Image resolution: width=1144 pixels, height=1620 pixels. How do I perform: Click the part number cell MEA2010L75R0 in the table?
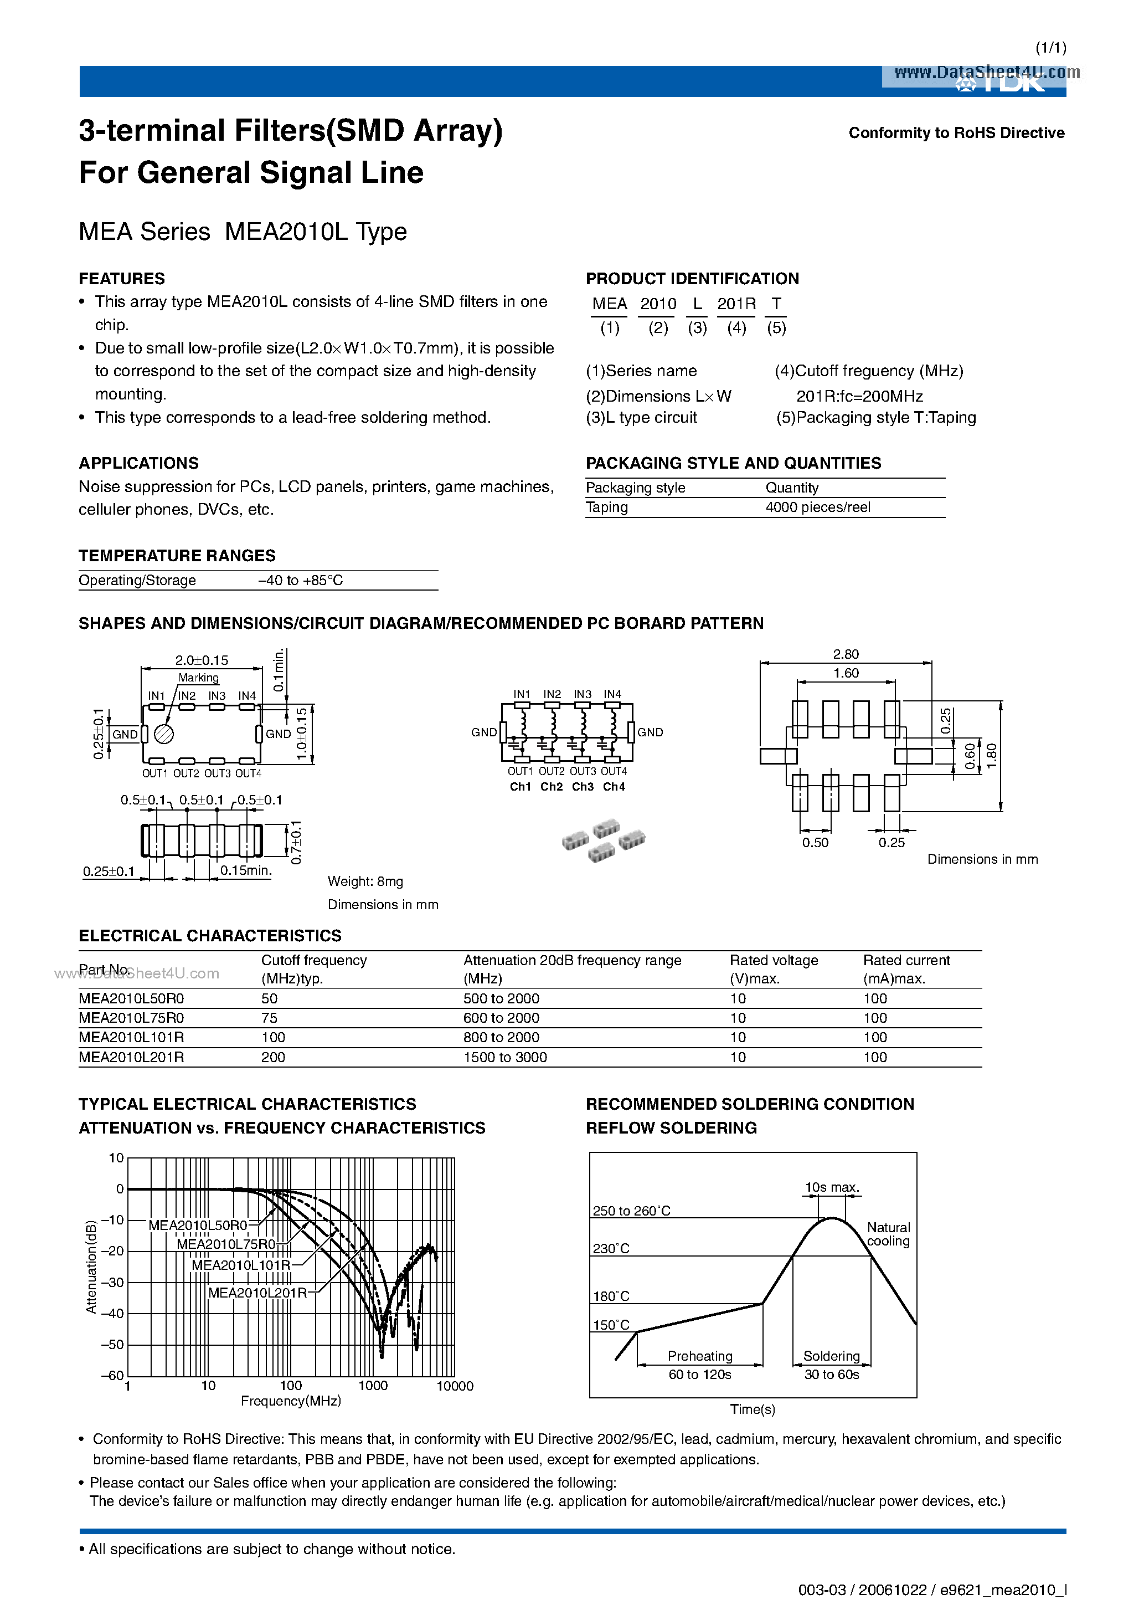[131, 1017]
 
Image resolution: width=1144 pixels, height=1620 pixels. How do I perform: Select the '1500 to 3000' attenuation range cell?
[505, 1057]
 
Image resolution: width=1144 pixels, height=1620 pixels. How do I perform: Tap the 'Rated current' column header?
[906, 960]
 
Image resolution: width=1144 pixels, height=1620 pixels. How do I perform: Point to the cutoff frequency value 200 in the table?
[273, 1057]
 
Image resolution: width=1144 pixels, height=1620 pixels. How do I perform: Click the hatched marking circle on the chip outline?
[164, 735]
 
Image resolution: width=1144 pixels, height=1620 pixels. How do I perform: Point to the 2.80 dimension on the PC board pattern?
[845, 654]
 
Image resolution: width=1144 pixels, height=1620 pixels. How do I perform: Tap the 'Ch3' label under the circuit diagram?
[583, 787]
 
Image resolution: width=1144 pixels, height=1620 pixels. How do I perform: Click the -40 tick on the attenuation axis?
[112, 1313]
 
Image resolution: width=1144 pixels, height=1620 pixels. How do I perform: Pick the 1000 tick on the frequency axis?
[373, 1386]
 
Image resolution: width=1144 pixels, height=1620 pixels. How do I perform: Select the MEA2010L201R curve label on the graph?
[257, 1293]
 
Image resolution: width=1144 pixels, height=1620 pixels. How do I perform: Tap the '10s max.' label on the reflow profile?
[832, 1187]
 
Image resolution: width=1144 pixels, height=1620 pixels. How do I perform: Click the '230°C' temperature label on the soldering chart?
[611, 1248]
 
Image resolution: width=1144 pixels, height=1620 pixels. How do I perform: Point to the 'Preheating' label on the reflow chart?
[700, 1356]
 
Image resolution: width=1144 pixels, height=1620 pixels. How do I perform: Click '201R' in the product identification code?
[736, 304]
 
